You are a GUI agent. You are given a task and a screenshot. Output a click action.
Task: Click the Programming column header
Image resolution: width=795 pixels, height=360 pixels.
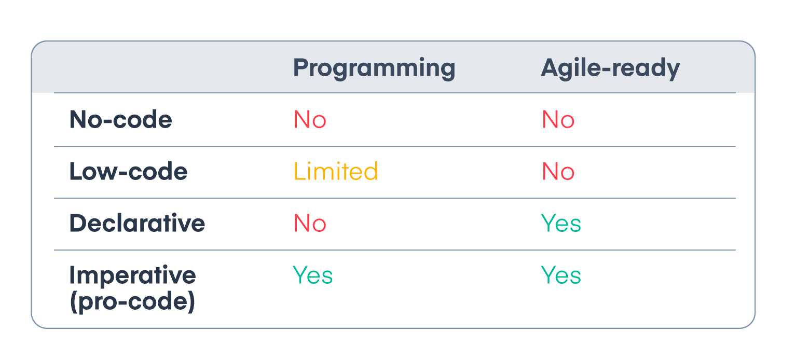[x=374, y=68]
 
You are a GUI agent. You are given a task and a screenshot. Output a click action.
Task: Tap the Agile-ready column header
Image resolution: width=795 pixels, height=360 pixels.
[x=610, y=68]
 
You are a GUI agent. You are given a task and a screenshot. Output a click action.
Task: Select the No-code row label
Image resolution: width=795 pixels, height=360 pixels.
[x=121, y=119]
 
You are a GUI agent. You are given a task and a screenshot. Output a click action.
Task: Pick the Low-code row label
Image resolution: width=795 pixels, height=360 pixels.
[x=128, y=171]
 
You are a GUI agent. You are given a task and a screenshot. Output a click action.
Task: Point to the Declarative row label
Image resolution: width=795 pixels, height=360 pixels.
[x=137, y=223]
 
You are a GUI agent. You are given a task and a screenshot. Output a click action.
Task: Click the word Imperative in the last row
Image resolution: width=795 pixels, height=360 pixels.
[x=132, y=275]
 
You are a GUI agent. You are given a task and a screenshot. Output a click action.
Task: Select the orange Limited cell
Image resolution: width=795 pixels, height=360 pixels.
[x=336, y=171]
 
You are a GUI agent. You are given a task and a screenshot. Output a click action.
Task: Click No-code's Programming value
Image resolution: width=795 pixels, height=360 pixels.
[x=310, y=119]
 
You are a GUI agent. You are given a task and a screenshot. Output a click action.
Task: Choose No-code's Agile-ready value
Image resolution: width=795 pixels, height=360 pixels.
[x=558, y=119]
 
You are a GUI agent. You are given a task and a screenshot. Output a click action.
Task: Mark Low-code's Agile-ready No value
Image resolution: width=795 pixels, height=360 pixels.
[x=558, y=171]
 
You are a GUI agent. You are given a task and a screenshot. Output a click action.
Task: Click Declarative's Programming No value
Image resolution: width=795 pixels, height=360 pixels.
[x=310, y=223]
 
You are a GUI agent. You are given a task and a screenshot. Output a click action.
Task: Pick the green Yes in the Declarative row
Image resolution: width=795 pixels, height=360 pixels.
[x=561, y=223]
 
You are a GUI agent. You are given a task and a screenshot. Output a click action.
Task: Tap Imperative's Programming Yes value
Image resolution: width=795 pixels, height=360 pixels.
[x=313, y=275]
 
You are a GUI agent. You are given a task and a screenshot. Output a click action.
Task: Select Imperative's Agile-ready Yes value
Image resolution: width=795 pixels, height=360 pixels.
[x=561, y=275]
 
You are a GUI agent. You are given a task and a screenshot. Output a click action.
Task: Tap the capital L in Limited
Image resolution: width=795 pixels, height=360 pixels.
[x=300, y=171]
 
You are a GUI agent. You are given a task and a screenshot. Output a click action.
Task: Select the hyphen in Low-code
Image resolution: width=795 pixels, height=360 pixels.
[x=122, y=173]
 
